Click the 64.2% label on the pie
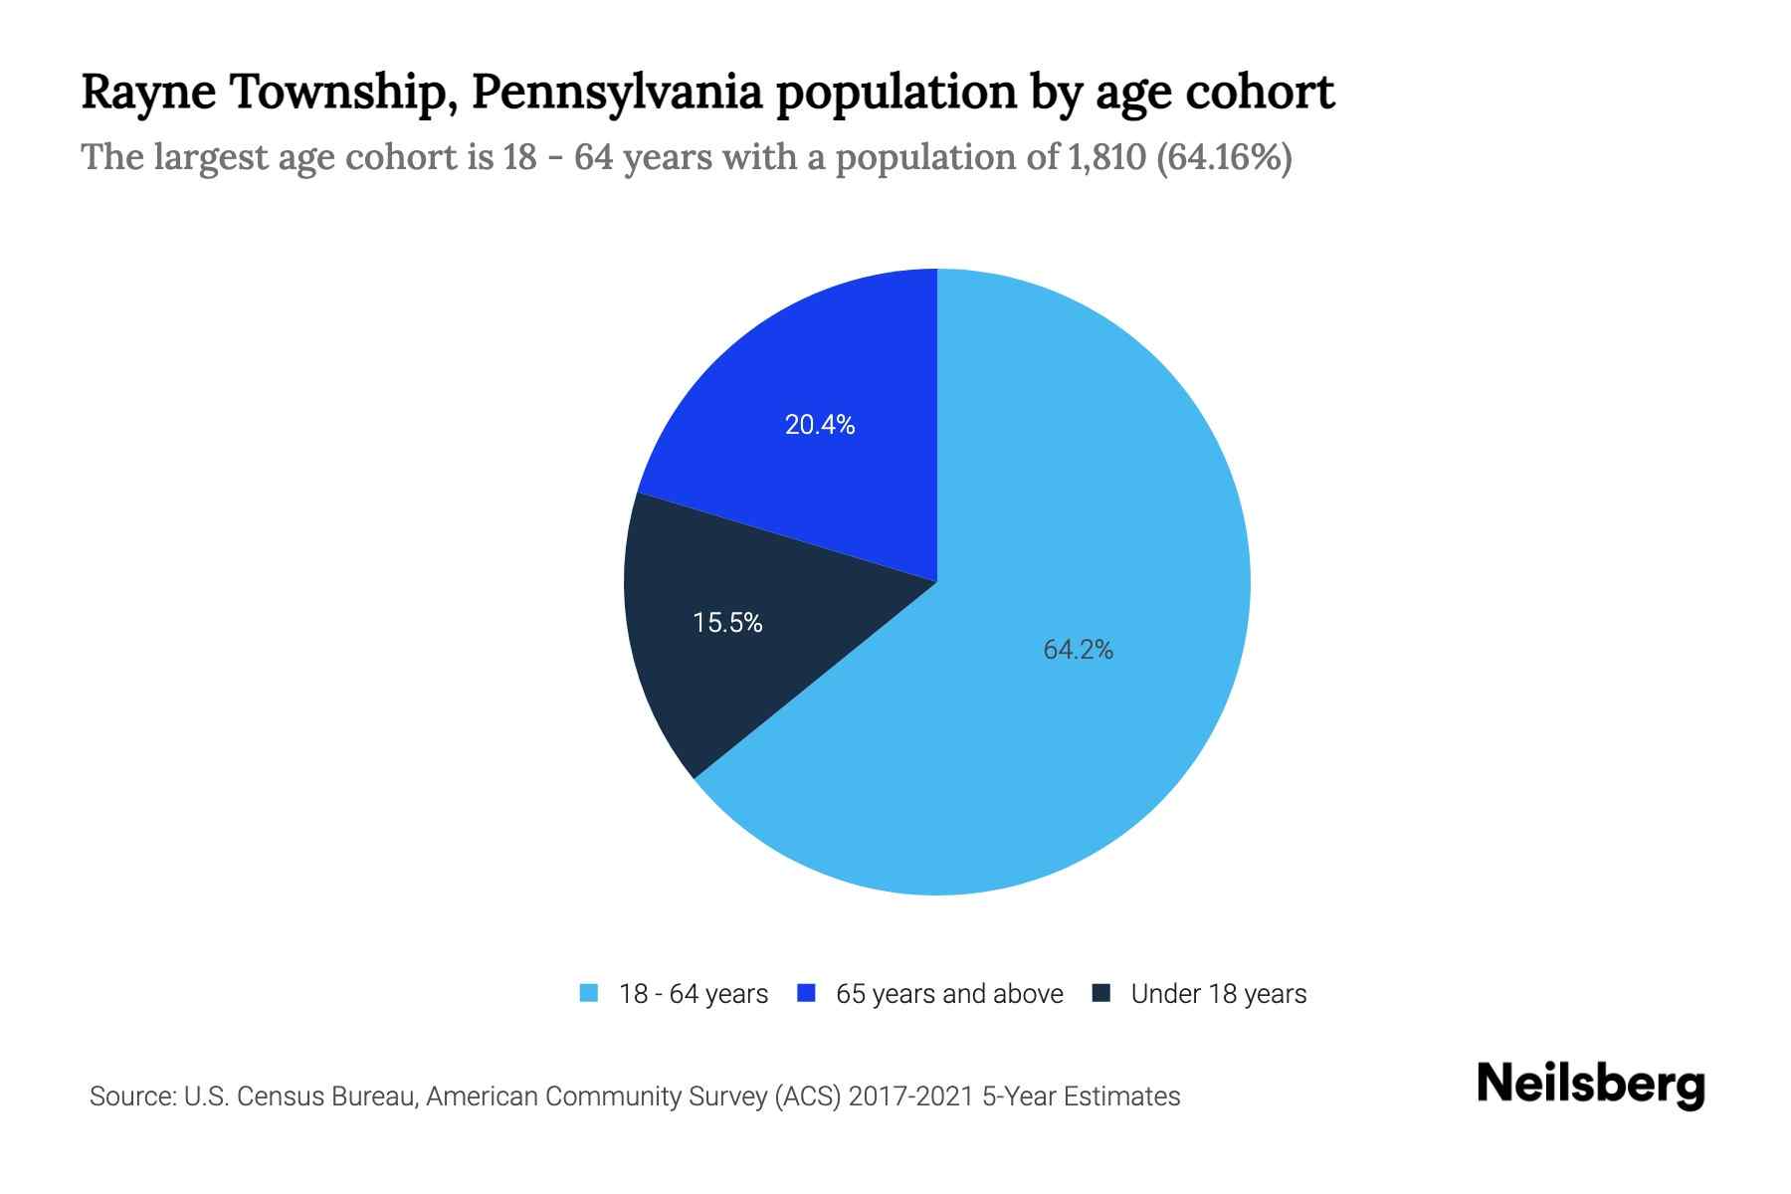pos(1078,650)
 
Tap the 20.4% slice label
pos(820,425)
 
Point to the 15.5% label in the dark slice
pos(727,623)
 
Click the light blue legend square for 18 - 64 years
pos(589,993)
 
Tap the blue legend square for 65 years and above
pos(807,993)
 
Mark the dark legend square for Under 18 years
pos(1101,993)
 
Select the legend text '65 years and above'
pos(949,994)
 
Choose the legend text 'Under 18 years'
pos(1218,994)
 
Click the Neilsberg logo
pos(1590,1085)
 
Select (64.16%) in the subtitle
pos(1224,157)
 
